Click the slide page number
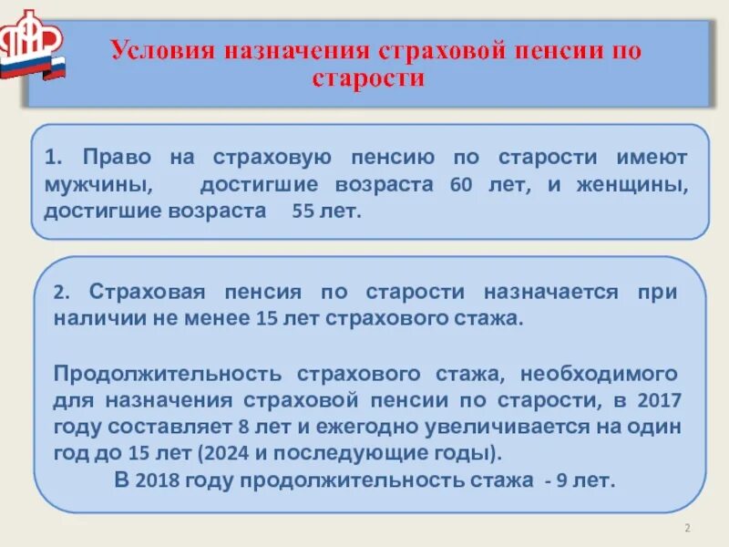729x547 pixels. [687, 530]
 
